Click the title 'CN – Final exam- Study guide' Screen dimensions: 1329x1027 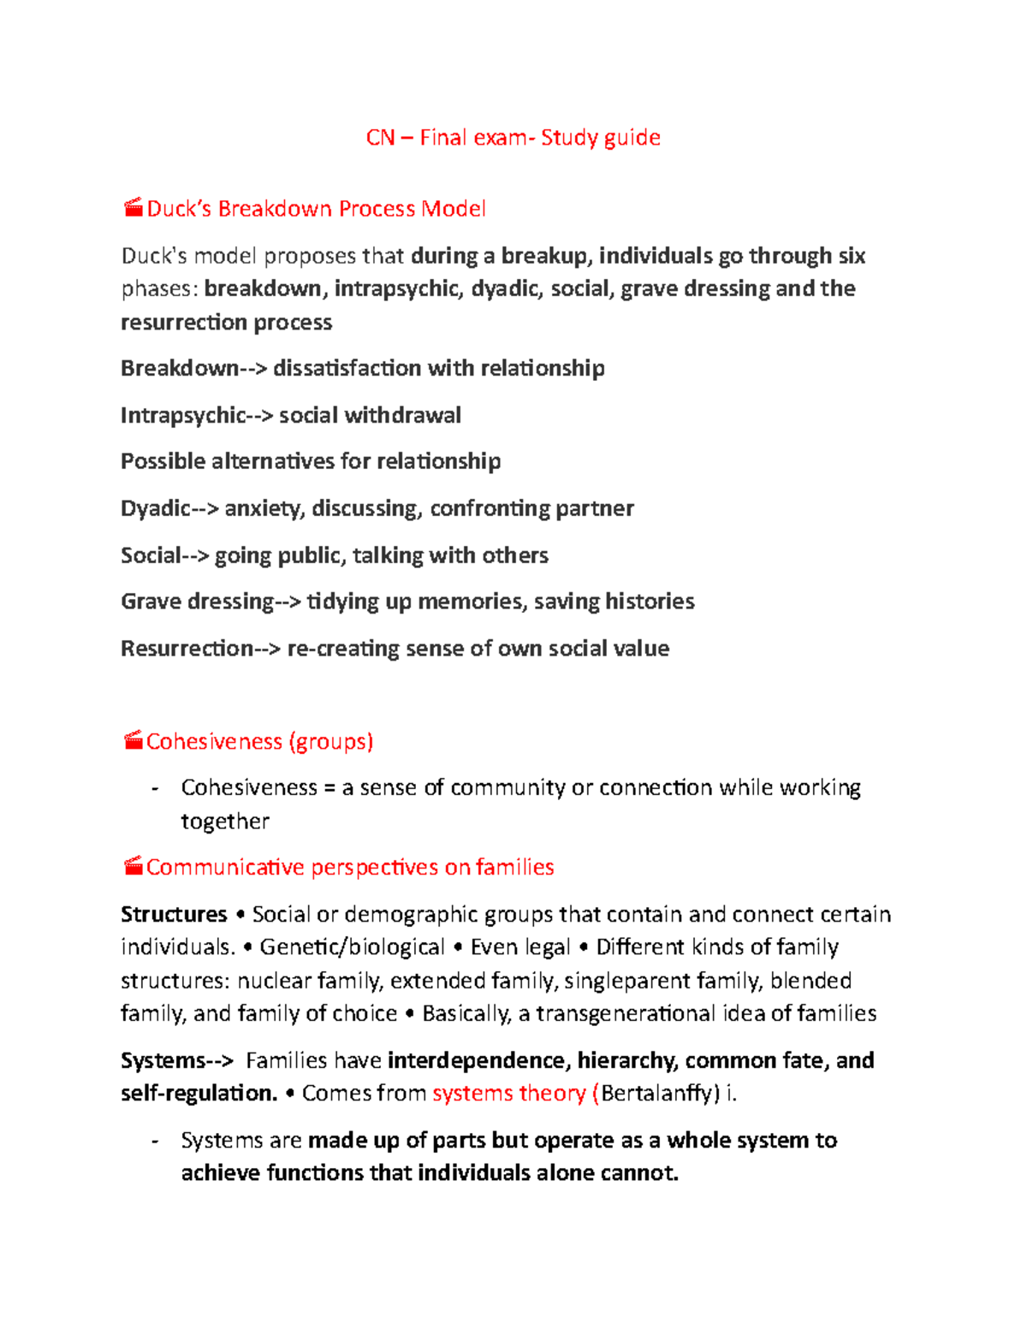[513, 138]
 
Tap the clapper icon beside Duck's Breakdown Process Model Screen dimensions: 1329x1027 [133, 207]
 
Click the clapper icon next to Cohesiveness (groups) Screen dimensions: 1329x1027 [133, 740]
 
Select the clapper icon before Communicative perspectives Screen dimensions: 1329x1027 [133, 866]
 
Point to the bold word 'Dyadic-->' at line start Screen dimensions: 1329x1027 [169, 508]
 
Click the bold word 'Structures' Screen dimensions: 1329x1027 [174, 914]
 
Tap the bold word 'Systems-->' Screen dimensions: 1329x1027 [176, 1060]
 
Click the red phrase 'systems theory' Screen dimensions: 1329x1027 [509, 1094]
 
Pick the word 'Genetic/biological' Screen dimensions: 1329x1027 [352, 947]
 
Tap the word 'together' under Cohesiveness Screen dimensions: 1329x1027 [225, 822]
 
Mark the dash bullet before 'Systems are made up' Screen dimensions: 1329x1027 [154, 1142]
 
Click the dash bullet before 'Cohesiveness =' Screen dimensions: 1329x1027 [154, 788]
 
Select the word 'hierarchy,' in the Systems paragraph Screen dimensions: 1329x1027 [627, 1060]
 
